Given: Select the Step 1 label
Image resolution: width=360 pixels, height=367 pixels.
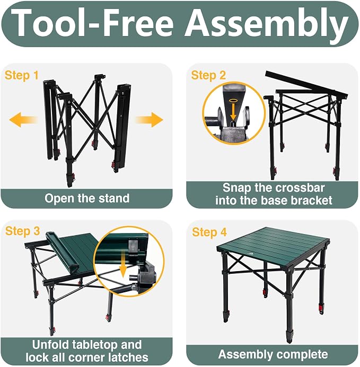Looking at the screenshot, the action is [21, 76].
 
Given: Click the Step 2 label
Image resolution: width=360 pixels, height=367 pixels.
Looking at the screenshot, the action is [208, 75].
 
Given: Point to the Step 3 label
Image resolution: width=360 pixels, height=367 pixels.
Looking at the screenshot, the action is [22, 231].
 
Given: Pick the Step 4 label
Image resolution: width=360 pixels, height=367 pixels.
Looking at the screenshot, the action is [209, 232].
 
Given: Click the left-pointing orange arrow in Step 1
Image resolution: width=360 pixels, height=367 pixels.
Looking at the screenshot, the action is [23, 120].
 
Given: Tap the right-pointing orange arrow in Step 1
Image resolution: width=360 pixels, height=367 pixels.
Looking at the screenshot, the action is [150, 120].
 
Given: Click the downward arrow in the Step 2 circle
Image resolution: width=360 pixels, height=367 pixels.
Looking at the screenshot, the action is [233, 112].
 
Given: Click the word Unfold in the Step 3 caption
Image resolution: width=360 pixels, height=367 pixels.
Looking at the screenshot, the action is [50, 345].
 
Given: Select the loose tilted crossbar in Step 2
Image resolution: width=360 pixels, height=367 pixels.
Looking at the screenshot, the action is [306, 85].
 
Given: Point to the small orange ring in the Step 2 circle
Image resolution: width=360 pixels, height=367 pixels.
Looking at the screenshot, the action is [233, 101].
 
